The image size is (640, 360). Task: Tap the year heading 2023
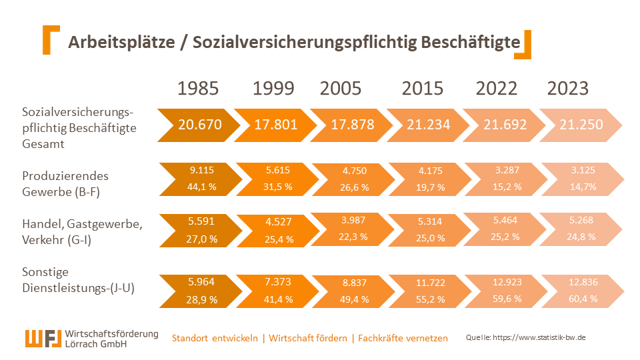click(x=568, y=89)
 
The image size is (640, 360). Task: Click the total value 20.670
click(x=199, y=125)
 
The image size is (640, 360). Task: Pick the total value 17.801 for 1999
click(x=275, y=125)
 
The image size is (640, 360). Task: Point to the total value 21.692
click(x=505, y=125)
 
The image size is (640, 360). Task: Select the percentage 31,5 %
click(x=279, y=187)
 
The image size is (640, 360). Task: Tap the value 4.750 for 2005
click(x=354, y=171)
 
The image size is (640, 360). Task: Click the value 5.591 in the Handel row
click(x=202, y=221)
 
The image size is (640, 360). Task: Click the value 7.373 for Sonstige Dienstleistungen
click(x=279, y=282)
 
